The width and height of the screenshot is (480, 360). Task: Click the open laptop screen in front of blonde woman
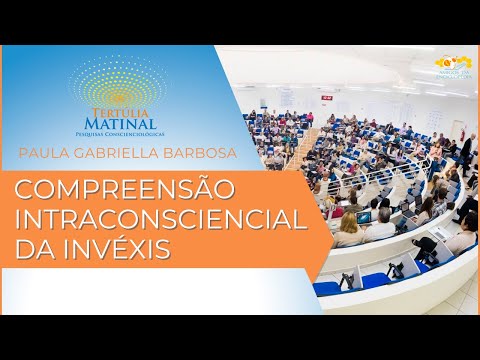tap(365, 217)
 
